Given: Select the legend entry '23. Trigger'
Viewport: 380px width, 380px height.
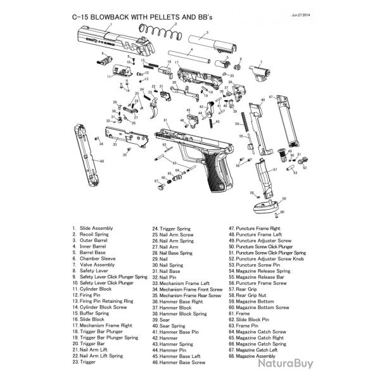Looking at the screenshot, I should point(84,362).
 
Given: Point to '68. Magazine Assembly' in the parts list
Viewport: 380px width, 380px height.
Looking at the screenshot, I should point(254,356).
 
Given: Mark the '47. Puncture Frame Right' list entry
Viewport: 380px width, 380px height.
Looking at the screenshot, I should point(256,227).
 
